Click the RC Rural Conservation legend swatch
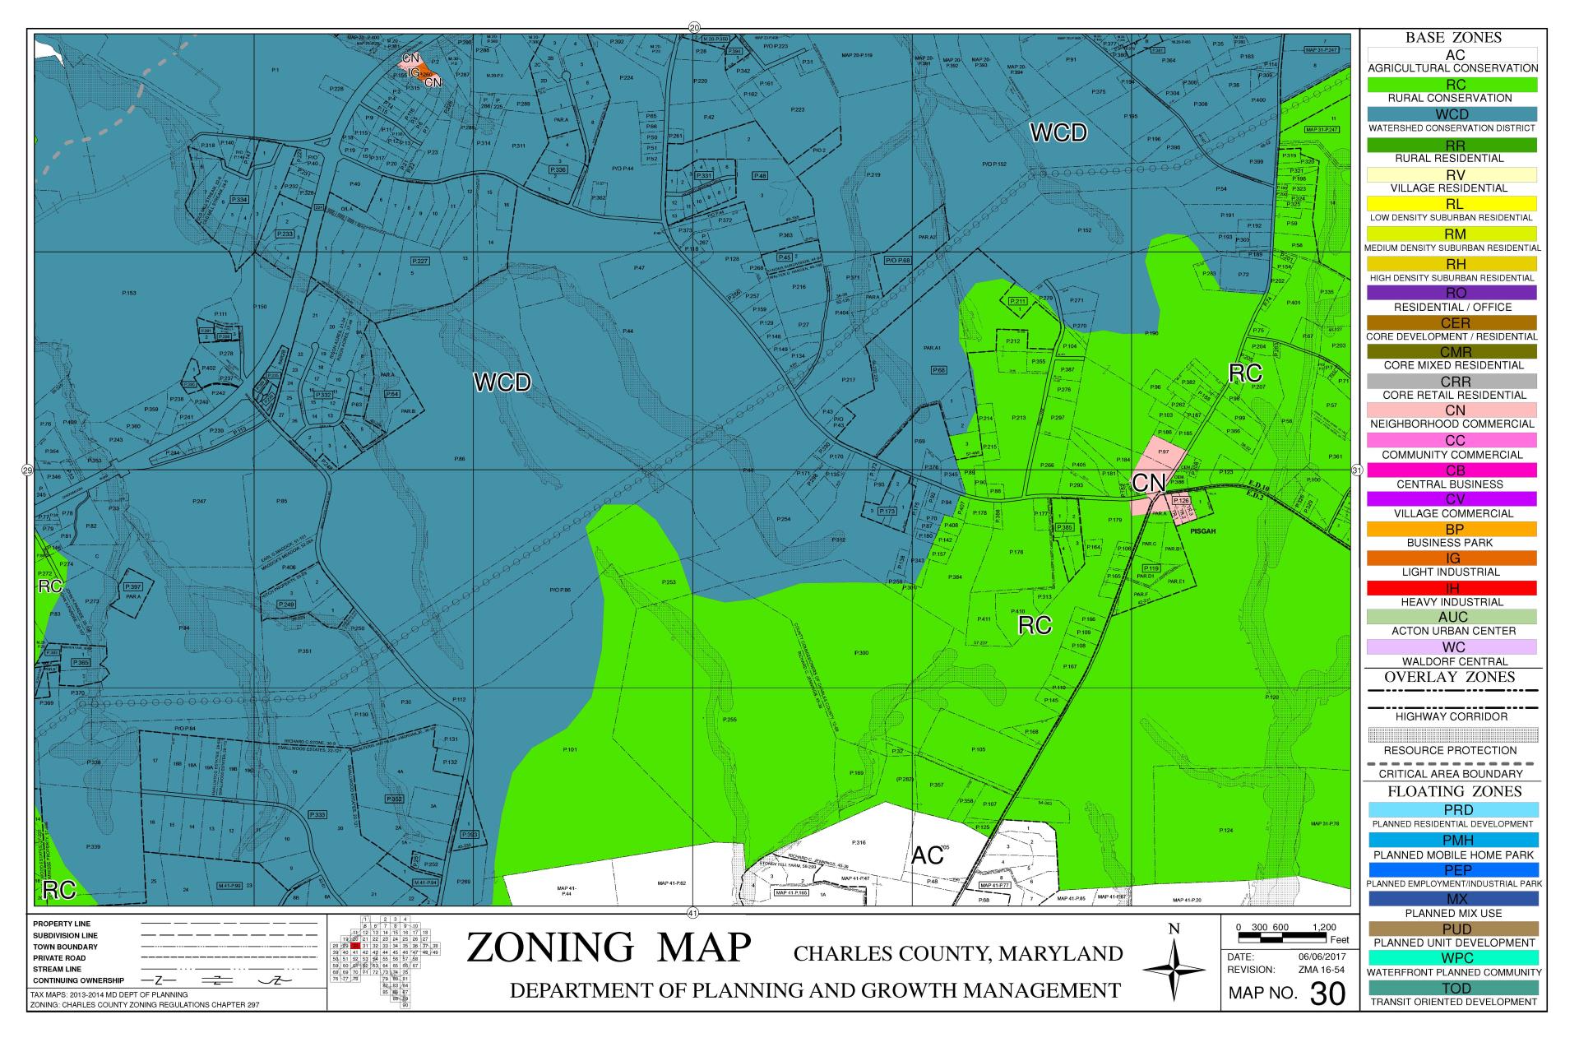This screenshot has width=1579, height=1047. point(1452,84)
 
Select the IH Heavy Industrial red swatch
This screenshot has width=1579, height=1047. point(1452,588)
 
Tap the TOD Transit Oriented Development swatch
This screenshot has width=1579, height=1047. point(1452,988)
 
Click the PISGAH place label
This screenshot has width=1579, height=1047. point(1202,531)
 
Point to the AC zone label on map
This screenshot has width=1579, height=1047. point(927,855)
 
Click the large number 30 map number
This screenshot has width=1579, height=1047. point(1327,994)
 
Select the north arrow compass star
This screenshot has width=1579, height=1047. point(1174,971)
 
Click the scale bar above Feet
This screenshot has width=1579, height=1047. point(1286,937)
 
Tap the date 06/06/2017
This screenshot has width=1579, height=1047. point(1321,957)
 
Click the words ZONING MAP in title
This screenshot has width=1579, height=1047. point(609,947)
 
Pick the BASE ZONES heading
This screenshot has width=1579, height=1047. point(1452,38)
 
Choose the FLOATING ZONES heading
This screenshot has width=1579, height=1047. point(1452,791)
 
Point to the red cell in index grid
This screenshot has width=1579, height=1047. point(356,947)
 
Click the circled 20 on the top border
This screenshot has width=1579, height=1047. point(693,27)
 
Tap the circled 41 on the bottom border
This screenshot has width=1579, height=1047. point(692,912)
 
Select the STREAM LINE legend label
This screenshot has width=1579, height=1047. point(57,970)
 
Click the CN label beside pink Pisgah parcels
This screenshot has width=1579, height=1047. point(1147,484)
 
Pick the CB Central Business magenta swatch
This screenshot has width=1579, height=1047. point(1452,470)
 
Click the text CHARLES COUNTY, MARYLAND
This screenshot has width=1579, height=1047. point(957,954)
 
